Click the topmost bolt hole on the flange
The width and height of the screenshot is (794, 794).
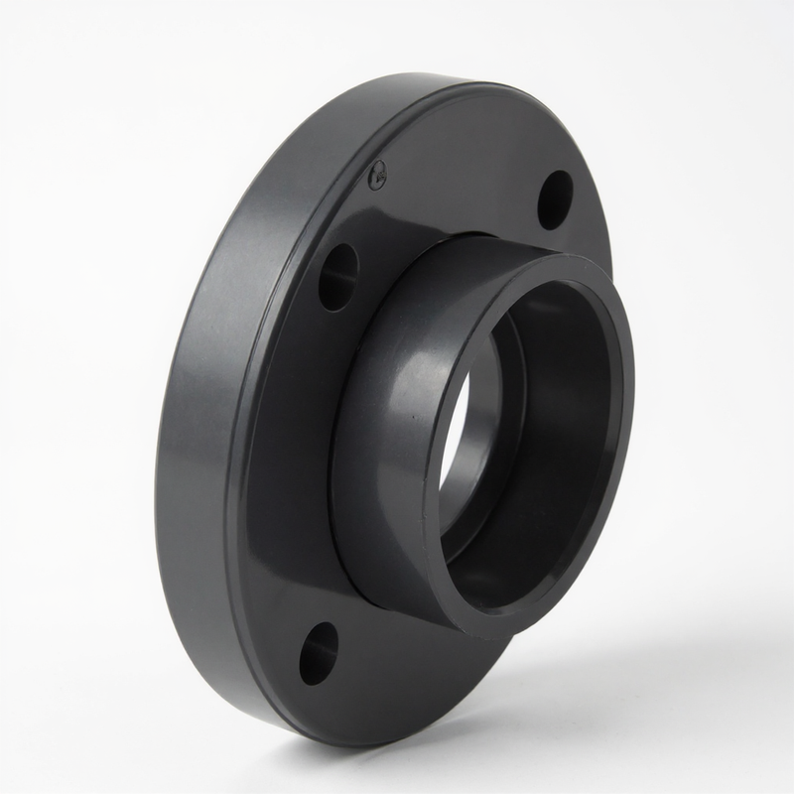pos(555,199)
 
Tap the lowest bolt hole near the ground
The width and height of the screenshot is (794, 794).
pos(318,653)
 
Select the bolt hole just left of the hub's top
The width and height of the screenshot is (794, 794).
pos(337,276)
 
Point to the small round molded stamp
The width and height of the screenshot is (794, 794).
pos(377,177)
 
